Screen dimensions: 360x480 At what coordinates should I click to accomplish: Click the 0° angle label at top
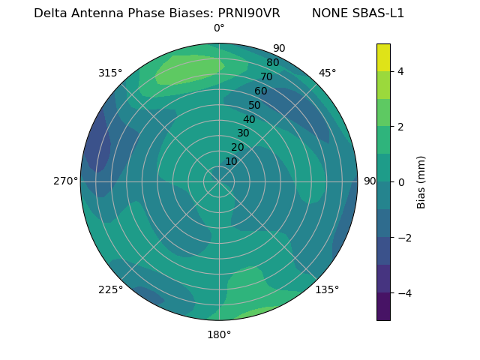click(219, 28)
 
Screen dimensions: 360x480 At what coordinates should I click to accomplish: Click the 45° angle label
click(327, 73)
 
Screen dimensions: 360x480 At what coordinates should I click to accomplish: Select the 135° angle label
click(327, 289)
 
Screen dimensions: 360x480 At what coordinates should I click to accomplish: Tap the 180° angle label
click(219, 334)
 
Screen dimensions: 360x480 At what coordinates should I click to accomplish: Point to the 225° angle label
click(110, 289)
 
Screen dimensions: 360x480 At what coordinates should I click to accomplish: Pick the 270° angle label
click(66, 181)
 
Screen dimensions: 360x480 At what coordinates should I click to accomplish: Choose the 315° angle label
click(110, 73)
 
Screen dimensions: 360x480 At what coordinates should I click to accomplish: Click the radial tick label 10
click(231, 161)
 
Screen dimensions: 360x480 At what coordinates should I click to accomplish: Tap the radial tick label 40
click(249, 120)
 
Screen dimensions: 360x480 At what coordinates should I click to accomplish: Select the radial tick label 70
click(267, 76)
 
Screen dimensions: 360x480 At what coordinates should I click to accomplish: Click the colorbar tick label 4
click(400, 71)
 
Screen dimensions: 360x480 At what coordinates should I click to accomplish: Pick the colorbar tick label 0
click(400, 181)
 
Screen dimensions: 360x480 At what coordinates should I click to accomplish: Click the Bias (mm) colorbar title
click(421, 181)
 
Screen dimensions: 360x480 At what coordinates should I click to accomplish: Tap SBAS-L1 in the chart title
click(376, 13)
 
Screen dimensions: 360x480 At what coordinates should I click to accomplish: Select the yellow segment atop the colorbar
click(383, 57)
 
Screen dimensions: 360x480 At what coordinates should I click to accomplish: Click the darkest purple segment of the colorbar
click(383, 306)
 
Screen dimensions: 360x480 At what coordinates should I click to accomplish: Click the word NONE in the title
click(328, 13)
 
